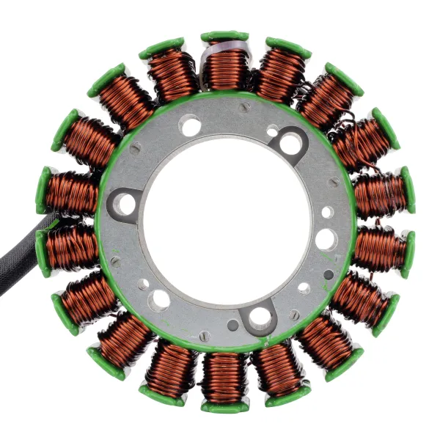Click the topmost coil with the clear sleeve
(x=224, y=66)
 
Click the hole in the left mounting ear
(x=126, y=204)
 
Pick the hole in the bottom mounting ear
(x=259, y=318)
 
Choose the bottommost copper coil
(x=224, y=378)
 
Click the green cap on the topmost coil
(x=224, y=36)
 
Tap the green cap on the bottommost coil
(x=224, y=406)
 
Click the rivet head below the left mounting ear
(x=115, y=260)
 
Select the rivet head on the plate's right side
(x=334, y=182)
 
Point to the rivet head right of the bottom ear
(x=294, y=315)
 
